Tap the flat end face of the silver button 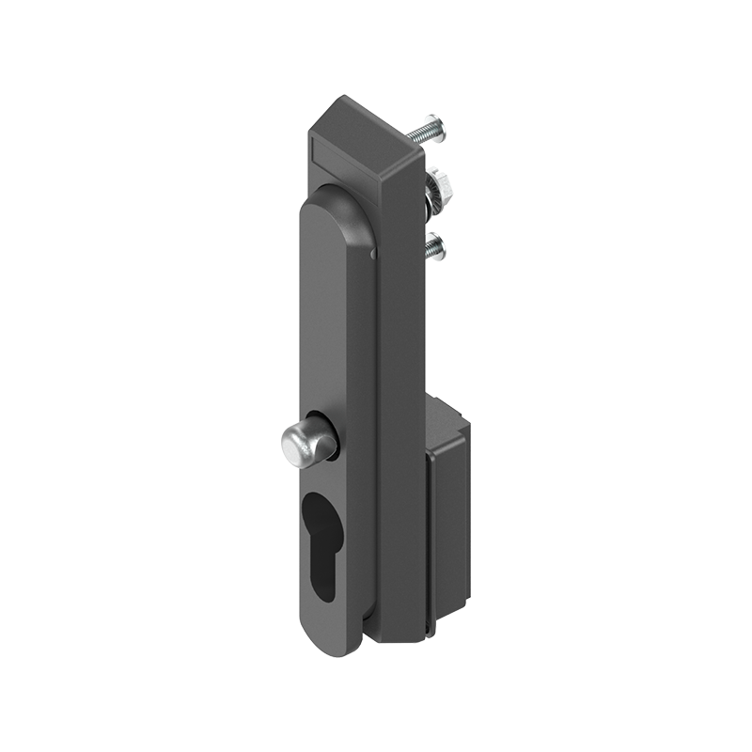293,446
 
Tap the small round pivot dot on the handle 373,252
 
